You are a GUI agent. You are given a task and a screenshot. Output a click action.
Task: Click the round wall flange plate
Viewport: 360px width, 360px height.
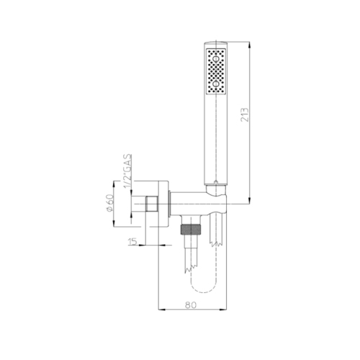[165, 205]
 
